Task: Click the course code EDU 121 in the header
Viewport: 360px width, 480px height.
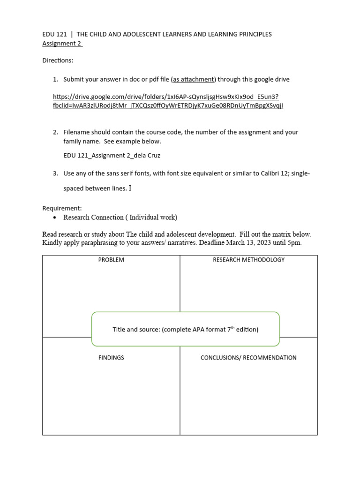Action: pos(55,34)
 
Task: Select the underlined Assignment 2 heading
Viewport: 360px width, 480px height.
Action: pos(62,44)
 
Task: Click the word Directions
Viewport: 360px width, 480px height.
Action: pos(58,60)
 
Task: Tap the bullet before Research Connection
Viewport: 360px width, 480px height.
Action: pos(55,218)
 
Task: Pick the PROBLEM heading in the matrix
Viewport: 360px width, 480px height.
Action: pos(111,260)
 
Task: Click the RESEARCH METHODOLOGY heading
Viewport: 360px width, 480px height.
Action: pos(248,260)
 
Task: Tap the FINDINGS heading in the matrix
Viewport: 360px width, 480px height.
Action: pos(111,358)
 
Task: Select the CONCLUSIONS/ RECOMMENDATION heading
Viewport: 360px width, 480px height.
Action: pos(248,358)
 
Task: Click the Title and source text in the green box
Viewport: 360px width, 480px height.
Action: pos(185,330)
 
